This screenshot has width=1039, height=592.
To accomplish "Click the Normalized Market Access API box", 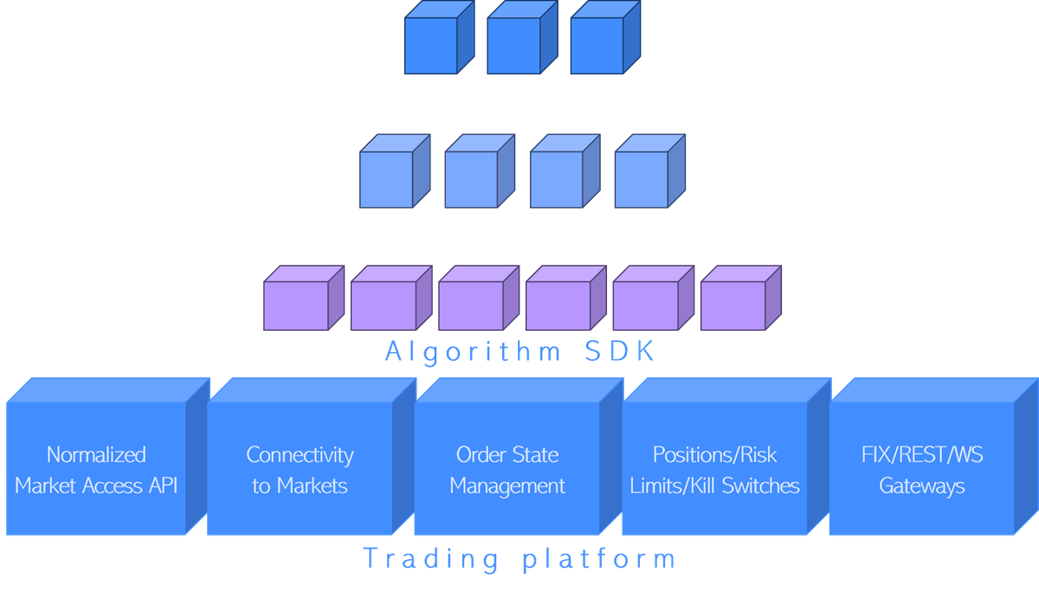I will (x=96, y=470).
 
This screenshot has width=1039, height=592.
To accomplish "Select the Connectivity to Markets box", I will (x=300, y=470).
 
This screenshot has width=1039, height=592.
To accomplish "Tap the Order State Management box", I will (x=507, y=470).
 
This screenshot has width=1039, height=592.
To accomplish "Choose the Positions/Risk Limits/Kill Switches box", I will (x=714, y=470).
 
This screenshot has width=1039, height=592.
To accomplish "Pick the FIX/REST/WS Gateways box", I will (x=922, y=470).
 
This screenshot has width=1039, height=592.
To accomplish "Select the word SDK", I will (x=620, y=352).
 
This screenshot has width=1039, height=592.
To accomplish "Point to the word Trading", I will (x=430, y=558).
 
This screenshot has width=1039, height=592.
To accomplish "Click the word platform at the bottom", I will (x=599, y=558).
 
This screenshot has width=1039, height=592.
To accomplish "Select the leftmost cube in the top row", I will (x=431, y=45).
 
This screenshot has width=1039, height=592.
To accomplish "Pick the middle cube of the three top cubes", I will (x=515, y=45).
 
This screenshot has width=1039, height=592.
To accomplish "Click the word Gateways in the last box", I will (x=922, y=486).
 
